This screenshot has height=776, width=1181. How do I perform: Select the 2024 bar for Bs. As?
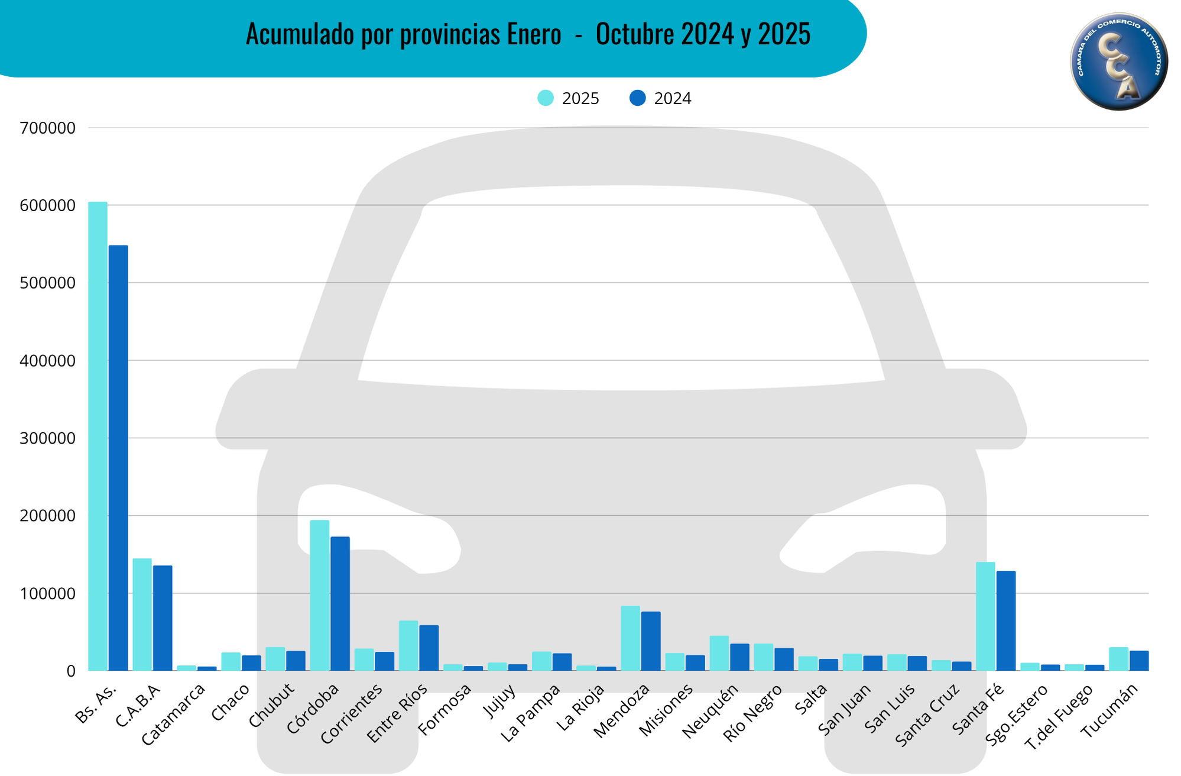(x=118, y=458)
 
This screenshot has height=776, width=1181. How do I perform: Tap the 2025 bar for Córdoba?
(x=320, y=596)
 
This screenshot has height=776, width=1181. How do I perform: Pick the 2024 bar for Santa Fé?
(x=1005, y=621)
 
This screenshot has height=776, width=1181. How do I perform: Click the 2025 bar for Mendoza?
(x=630, y=638)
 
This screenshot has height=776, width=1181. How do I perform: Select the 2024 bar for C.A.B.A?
(x=163, y=618)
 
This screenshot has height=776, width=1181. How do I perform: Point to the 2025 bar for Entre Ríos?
(x=408, y=646)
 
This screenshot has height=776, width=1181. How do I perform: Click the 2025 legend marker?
(x=546, y=98)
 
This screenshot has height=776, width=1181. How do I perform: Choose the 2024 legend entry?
(x=661, y=98)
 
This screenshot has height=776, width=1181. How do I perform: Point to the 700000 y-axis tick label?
(x=47, y=128)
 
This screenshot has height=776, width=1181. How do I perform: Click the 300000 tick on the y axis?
(x=47, y=438)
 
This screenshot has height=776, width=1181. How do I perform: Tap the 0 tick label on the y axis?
(x=71, y=671)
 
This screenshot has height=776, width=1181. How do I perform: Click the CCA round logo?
(x=1118, y=61)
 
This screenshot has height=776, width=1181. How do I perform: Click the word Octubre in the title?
(x=635, y=34)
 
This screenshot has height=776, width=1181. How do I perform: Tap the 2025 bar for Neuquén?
(x=719, y=654)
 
